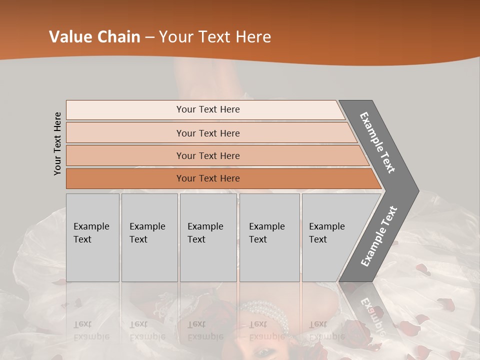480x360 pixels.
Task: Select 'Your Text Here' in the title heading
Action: click(215, 37)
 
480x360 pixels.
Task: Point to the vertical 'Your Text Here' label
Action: click(57, 143)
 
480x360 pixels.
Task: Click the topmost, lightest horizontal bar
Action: click(207, 109)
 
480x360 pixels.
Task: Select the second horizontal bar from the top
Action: click(207, 133)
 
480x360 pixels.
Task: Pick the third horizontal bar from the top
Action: click(207, 155)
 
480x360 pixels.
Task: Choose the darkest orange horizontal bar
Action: click(207, 178)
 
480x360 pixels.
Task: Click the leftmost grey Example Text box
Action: click(92, 237)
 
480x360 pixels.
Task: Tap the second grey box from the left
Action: click(149, 237)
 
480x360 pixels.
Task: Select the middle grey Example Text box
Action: click(208, 237)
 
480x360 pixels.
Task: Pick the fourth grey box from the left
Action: click(269, 237)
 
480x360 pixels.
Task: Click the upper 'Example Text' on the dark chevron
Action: click(378, 142)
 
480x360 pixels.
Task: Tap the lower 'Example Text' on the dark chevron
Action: click(379, 236)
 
